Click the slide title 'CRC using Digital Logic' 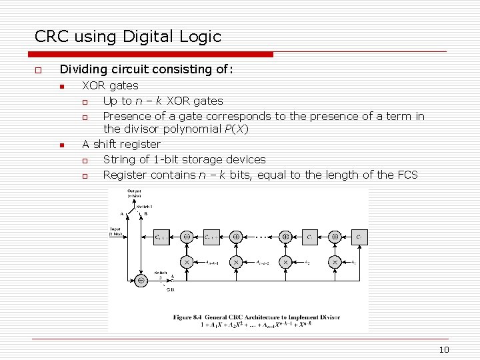(128, 37)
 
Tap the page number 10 (445, 350)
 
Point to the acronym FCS (406, 175)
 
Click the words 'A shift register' (121, 144)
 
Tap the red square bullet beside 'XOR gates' (61, 86)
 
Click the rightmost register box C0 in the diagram (358, 237)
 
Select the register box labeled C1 (309, 237)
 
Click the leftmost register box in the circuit (161, 237)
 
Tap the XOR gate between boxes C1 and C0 (335, 237)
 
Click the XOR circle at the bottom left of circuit (141, 281)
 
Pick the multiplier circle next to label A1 (335, 263)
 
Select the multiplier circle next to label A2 (285, 263)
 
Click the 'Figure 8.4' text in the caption (189, 317)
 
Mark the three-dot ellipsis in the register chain (261, 237)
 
